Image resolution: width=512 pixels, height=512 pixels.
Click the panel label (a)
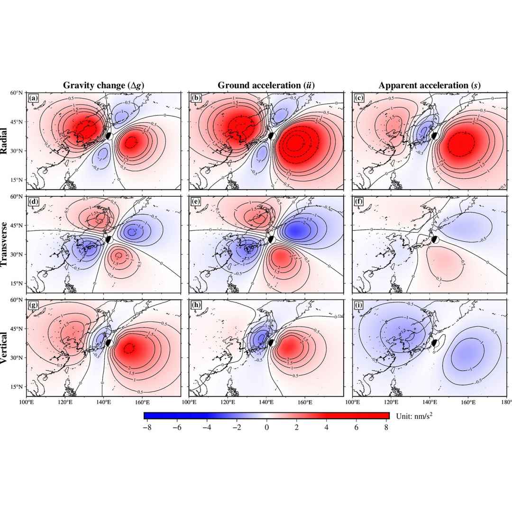[33, 98]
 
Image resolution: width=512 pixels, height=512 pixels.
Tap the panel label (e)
[195, 201]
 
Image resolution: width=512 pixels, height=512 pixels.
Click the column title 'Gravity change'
[104, 85]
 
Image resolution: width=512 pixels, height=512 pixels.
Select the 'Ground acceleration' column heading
[266, 85]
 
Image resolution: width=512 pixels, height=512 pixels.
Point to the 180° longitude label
[506, 402]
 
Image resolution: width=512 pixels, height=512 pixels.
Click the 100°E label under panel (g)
[26, 402]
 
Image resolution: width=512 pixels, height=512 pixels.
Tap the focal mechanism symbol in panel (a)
[109, 136]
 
